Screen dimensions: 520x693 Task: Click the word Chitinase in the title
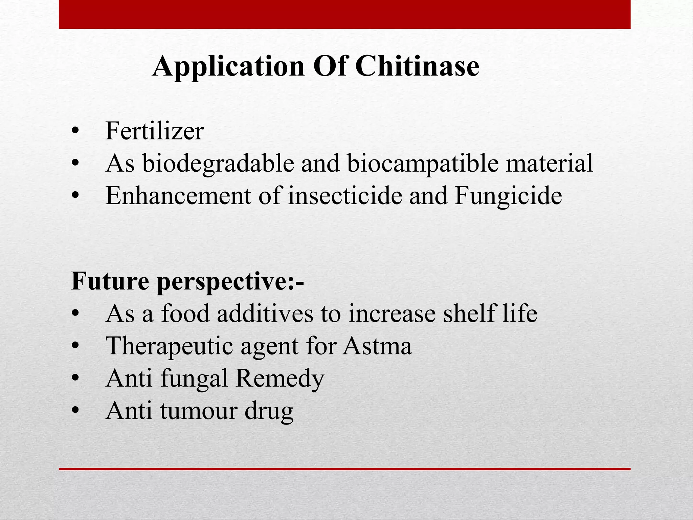click(x=417, y=66)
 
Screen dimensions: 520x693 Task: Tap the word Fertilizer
click(x=155, y=131)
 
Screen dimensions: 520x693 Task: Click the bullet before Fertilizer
click(x=75, y=132)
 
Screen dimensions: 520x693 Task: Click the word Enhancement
click(x=178, y=196)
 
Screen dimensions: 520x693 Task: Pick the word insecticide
click(x=345, y=196)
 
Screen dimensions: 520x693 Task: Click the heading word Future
click(x=110, y=281)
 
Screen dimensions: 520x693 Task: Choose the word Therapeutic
click(x=170, y=346)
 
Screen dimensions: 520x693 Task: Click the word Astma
click(x=377, y=346)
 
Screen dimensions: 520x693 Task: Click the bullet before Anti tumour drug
click(x=75, y=411)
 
